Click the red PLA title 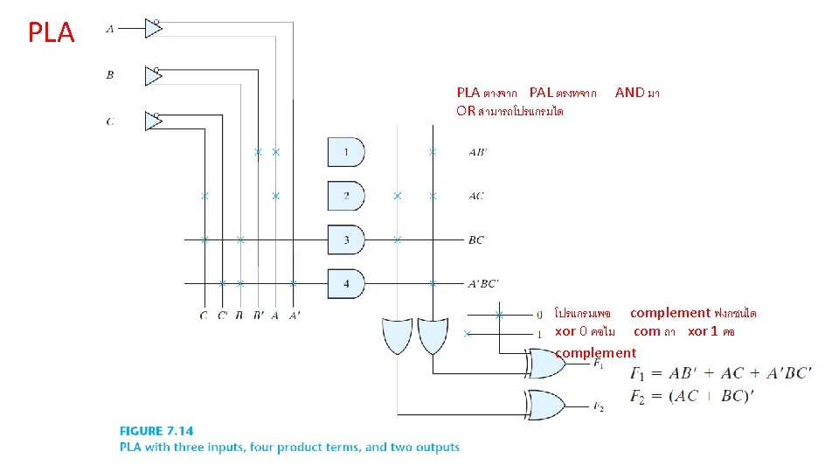pyautogui.click(x=52, y=33)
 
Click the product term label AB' pyautogui.click(x=478, y=152)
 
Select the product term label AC pyautogui.click(x=476, y=196)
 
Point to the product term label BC pyautogui.click(x=476, y=239)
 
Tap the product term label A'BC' pyautogui.click(x=483, y=283)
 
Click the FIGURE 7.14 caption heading pyautogui.click(x=156, y=430)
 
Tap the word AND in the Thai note pyautogui.click(x=629, y=92)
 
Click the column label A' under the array pyautogui.click(x=294, y=316)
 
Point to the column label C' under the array pyautogui.click(x=222, y=316)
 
